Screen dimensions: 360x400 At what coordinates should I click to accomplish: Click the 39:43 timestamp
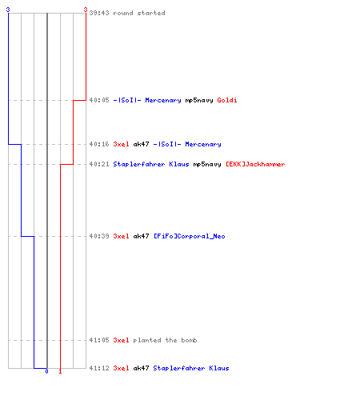(99, 13)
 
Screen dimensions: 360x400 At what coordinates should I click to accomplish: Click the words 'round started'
(139, 13)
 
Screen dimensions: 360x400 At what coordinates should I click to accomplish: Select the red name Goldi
(227, 100)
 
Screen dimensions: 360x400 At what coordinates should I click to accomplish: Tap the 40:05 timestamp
(99, 100)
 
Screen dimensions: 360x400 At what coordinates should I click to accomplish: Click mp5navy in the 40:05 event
(199, 100)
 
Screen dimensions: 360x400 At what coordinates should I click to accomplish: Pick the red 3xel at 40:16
(121, 144)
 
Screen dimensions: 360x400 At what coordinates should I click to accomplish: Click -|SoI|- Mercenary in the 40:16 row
(187, 144)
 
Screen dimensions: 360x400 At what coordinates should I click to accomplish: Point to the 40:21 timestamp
(99, 164)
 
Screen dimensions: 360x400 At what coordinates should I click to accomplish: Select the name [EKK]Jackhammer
(255, 164)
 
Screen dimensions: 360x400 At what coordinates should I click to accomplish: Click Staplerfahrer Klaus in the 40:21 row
(151, 164)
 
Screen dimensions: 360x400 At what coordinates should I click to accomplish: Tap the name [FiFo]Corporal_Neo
(190, 236)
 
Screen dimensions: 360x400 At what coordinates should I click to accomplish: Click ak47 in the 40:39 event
(141, 236)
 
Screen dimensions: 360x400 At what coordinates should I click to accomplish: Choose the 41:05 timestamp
(99, 340)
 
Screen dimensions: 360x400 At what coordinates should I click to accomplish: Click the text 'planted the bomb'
(165, 340)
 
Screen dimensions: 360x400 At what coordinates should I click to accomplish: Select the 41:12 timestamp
(99, 368)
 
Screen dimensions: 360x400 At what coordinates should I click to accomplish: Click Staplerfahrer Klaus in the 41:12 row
(191, 368)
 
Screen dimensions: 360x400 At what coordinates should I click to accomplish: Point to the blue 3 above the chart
(8, 10)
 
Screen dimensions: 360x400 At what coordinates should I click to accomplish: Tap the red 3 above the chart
(86, 10)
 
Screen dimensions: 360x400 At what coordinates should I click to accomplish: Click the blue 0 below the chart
(46, 371)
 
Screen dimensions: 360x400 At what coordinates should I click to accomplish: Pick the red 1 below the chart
(60, 371)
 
